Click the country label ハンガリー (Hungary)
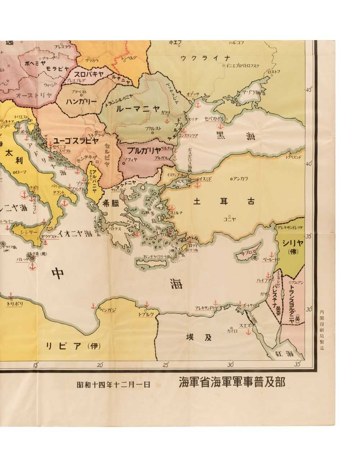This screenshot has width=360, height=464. tap(82, 102)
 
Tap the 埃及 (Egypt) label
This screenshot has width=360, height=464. tap(198, 337)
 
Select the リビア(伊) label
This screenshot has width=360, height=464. tap(73, 346)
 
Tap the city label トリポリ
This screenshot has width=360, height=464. tap(15, 304)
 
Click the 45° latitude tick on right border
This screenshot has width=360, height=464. tap(309, 90)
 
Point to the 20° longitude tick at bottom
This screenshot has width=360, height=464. tap(100, 365)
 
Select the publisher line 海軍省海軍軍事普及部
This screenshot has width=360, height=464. tap(232, 383)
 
